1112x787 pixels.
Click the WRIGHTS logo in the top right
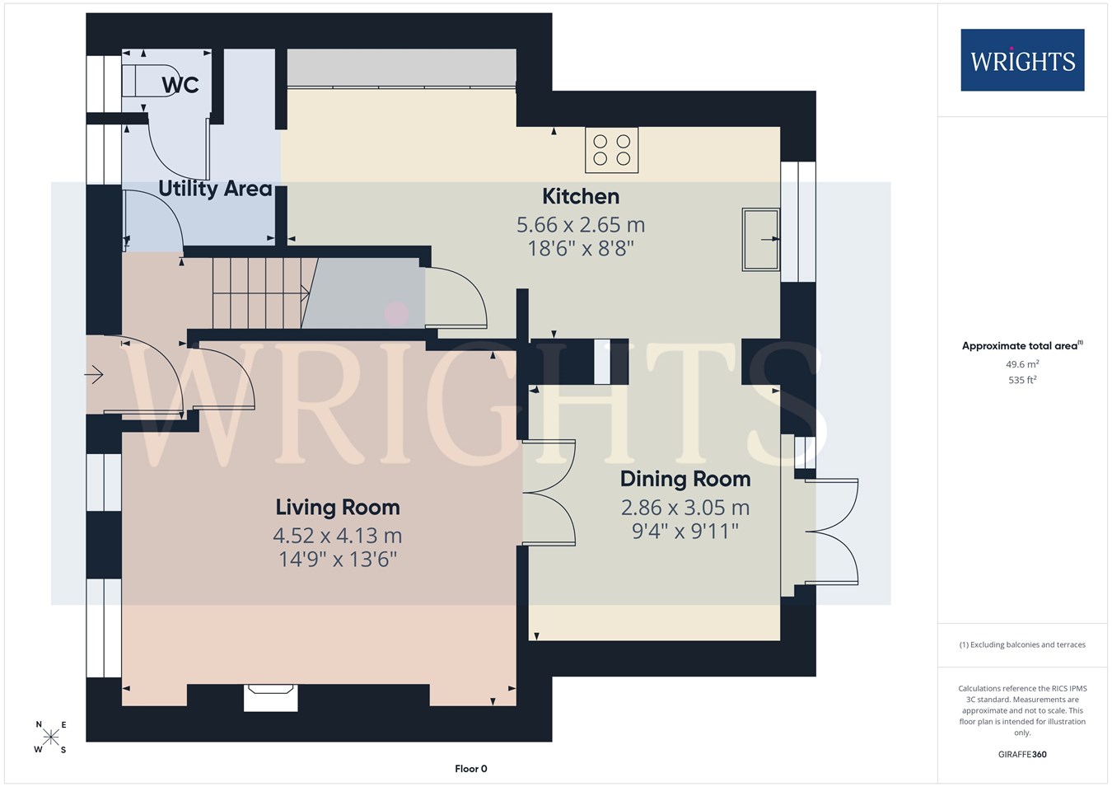tap(1022, 60)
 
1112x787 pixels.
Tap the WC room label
tap(180, 85)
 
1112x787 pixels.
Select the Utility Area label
tap(216, 189)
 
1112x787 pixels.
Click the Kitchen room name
tap(581, 197)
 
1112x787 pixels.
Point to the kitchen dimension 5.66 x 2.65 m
tap(581, 225)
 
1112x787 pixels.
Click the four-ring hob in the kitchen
tap(611, 150)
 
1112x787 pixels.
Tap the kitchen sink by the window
tap(760, 239)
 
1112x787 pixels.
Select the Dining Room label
tap(685, 479)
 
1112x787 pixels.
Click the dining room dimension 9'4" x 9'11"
tap(685, 532)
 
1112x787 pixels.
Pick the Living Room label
tap(338, 508)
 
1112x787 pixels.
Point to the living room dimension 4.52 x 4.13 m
tap(338, 536)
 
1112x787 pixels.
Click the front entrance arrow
tap(94, 374)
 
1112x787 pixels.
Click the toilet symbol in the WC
tap(150, 80)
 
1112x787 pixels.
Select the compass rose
tap(50, 738)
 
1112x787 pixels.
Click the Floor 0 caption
tap(471, 769)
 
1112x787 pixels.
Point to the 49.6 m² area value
tap(1022, 364)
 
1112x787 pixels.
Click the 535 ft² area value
tap(1022, 380)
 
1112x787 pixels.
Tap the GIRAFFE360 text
tap(1022, 754)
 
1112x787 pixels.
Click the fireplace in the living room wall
tap(270, 698)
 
